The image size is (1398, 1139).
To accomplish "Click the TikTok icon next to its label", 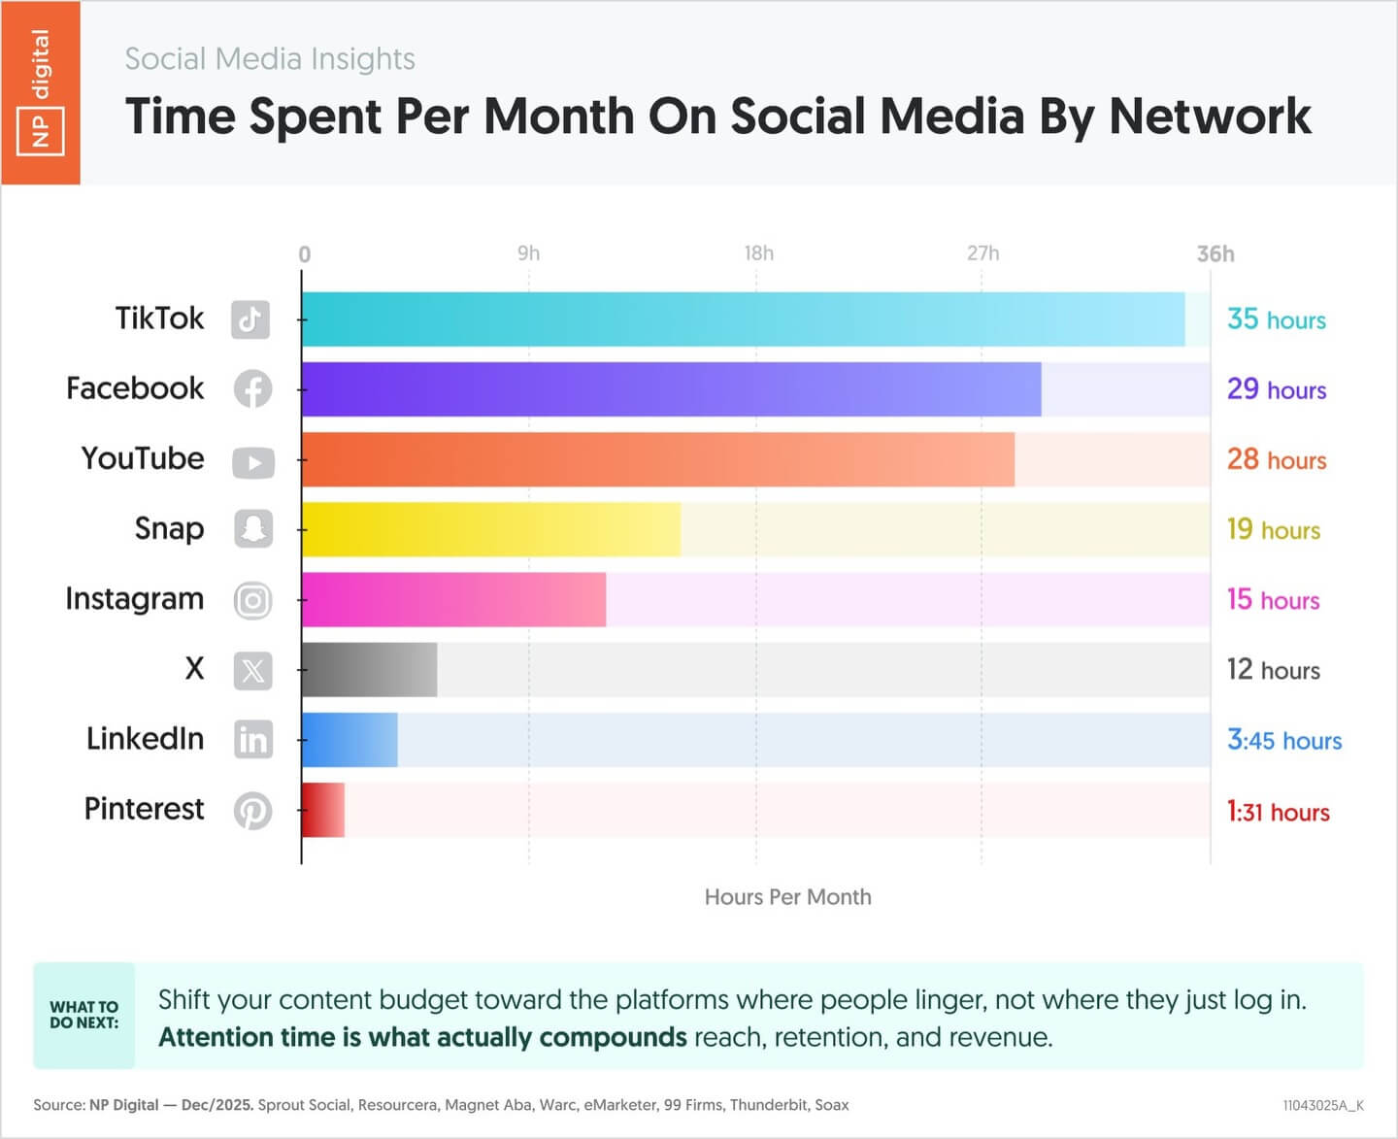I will pyautogui.click(x=250, y=319).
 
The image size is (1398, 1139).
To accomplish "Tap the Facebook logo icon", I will pyautogui.click(x=252, y=389).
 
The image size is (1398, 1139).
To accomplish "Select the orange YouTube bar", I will pyautogui.click(x=658, y=459).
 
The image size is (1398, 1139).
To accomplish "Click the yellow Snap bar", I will pyautogui.click(x=491, y=529).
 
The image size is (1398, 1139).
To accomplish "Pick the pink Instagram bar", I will pyautogui.click(x=453, y=599).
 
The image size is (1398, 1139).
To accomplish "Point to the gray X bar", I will pyautogui.click(x=369, y=669).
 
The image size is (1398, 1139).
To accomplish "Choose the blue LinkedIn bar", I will pyautogui.click(x=349, y=740).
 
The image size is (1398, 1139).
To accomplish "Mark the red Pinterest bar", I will pyautogui.click(x=323, y=810).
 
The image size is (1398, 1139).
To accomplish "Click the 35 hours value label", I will pyautogui.click(x=1276, y=319).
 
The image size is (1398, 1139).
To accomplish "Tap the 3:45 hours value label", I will pyautogui.click(x=1283, y=740).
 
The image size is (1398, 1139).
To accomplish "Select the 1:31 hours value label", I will pyautogui.click(x=1278, y=811).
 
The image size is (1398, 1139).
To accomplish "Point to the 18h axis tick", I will pyautogui.click(x=758, y=253).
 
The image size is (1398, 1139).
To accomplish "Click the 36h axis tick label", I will pyautogui.click(x=1215, y=253).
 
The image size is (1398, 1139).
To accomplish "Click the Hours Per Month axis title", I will pyautogui.click(x=787, y=897).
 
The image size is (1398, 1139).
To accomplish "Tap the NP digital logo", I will pyautogui.click(x=40, y=92).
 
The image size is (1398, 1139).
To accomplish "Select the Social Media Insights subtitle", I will pyautogui.click(x=270, y=59).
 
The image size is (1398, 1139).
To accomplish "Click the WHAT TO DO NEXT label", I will pyautogui.click(x=84, y=1015).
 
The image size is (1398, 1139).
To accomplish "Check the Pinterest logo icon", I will pyautogui.click(x=252, y=811).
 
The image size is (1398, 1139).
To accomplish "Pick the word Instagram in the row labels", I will pyautogui.click(x=135, y=599).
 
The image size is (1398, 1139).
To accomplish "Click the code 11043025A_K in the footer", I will pyautogui.click(x=1322, y=1105).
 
